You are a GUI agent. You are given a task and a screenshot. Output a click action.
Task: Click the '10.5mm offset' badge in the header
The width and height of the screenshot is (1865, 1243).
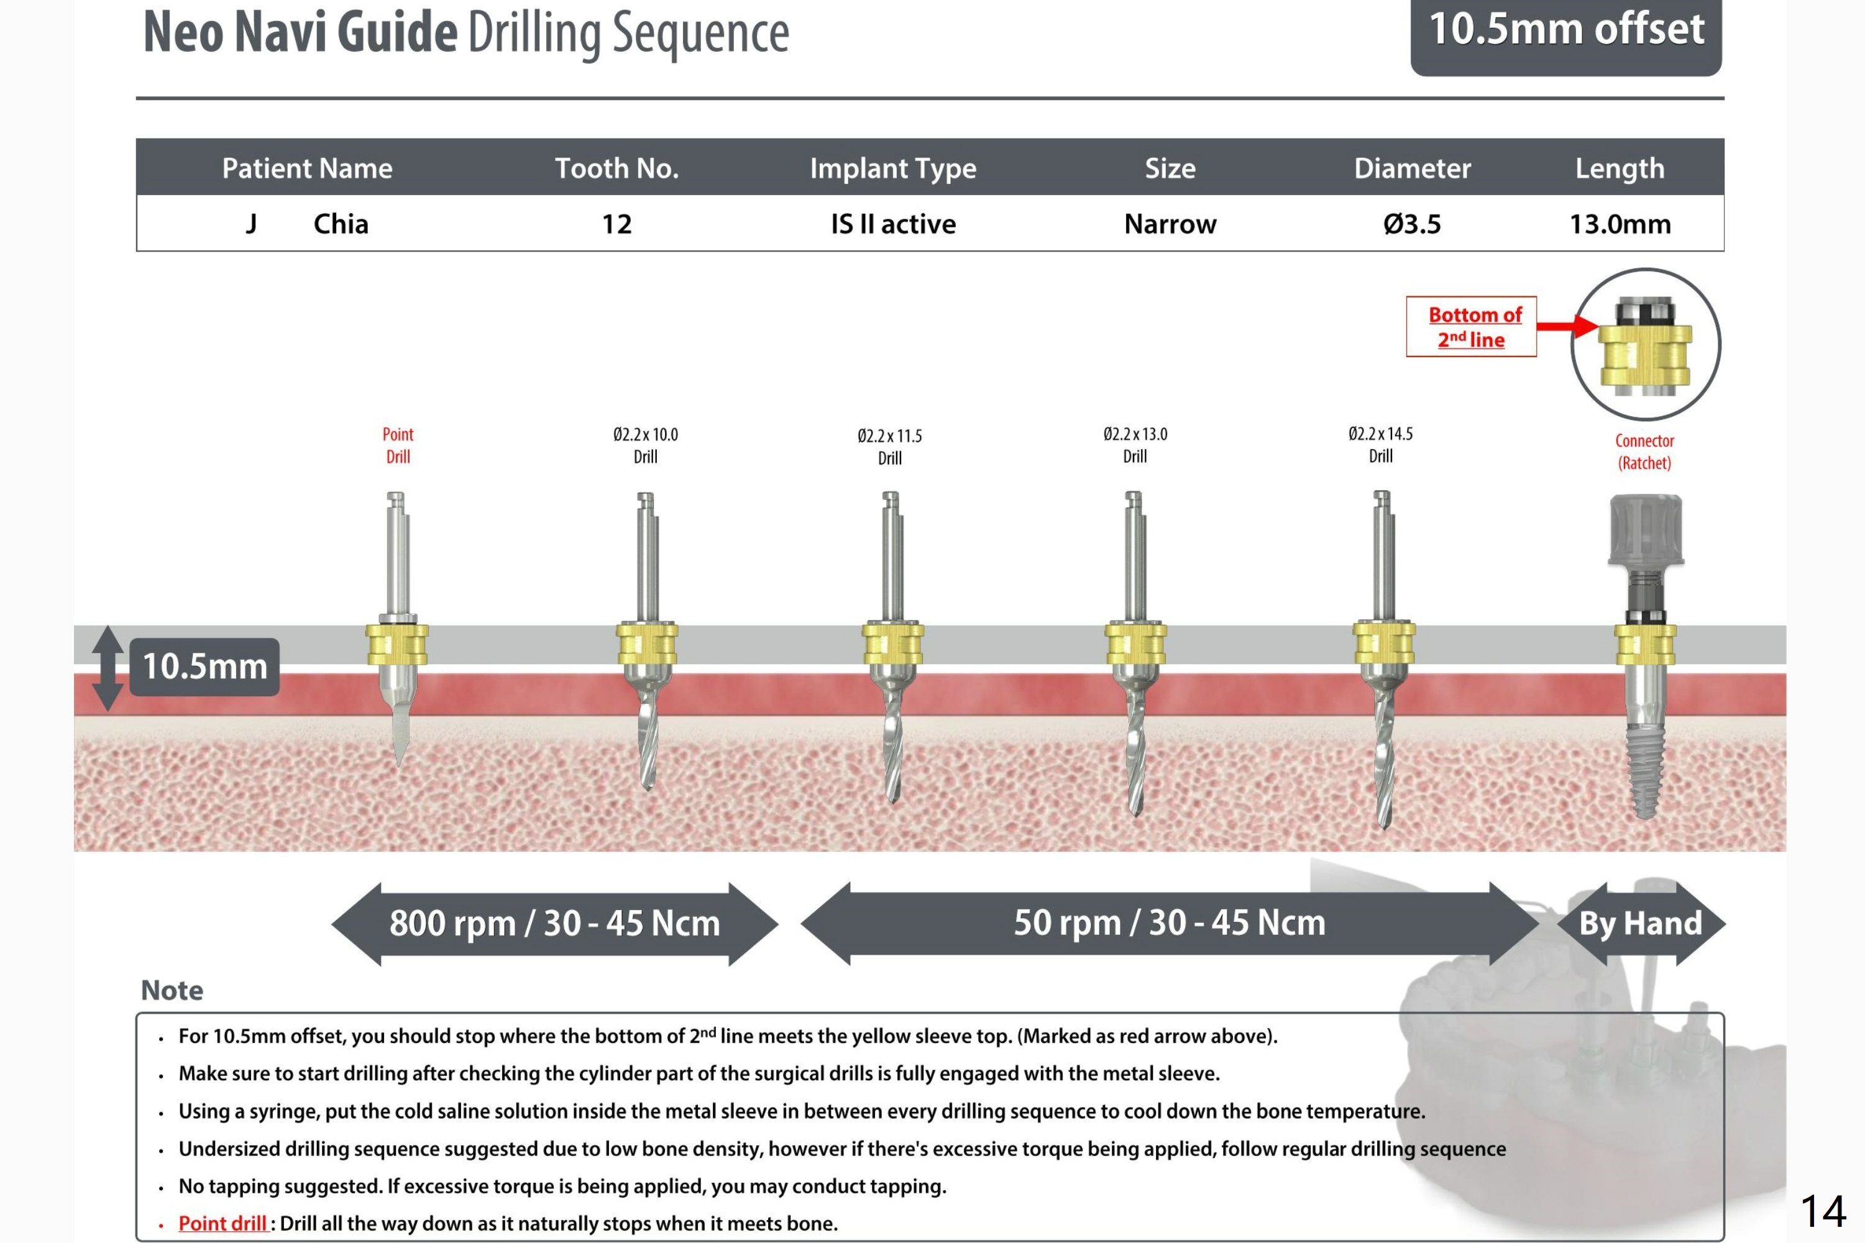(1565, 32)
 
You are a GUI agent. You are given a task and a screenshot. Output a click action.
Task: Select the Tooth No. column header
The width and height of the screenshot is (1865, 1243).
(616, 168)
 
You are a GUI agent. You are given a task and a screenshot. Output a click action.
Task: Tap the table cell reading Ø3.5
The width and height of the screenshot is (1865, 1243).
(1411, 224)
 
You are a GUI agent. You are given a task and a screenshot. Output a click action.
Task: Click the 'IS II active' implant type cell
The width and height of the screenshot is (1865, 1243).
(893, 224)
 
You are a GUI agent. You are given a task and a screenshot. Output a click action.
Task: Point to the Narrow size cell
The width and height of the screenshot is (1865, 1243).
(1170, 224)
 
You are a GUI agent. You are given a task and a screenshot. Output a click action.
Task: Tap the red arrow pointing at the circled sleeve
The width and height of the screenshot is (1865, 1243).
(1567, 326)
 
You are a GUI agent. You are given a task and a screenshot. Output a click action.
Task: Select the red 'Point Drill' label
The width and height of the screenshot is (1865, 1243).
(398, 445)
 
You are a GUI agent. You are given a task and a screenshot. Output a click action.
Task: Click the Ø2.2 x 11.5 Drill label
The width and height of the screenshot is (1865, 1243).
(890, 446)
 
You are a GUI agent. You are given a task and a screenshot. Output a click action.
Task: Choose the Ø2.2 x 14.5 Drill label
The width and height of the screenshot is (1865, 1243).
(1380, 445)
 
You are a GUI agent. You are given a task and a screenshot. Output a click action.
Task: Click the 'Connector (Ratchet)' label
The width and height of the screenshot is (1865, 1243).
(1644, 452)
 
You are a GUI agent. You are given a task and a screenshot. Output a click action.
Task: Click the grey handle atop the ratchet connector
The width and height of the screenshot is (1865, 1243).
(1646, 529)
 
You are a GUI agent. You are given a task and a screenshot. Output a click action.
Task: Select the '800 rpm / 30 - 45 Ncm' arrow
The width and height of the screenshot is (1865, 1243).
(554, 924)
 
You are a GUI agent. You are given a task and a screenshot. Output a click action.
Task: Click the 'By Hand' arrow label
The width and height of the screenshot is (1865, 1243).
(1641, 924)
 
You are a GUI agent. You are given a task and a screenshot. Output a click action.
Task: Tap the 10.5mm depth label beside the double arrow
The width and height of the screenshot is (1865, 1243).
(204, 667)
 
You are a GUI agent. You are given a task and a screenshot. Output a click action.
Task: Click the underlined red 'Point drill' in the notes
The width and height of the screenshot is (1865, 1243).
(222, 1223)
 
